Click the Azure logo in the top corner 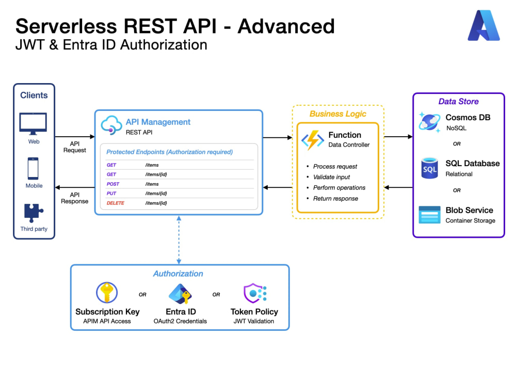pos(483,25)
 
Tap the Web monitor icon pos(33,124)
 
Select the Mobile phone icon pos(33,169)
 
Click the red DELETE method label pos(115,203)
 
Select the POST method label pos(113,184)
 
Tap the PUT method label pos(111,193)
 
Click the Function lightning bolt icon pos(313,140)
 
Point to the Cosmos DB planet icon pos(429,122)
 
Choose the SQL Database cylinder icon pos(429,168)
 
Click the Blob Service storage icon pos(429,215)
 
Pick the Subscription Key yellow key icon pos(107,292)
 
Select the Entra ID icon pos(180,294)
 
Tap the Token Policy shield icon pos(255,293)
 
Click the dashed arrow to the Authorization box pos(179,240)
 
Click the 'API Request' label pos(75,147)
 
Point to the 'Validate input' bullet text pos(331,177)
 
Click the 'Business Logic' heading pos(337,114)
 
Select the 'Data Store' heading pos(458,101)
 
